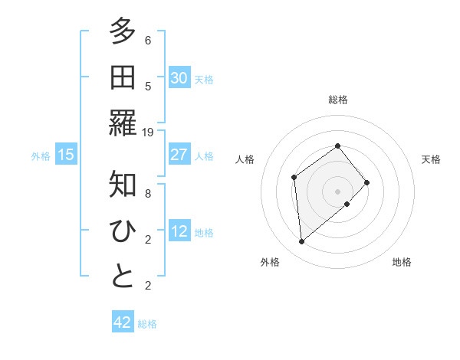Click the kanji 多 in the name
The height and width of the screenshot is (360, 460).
[123, 32]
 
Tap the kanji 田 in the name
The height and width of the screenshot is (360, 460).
[123, 77]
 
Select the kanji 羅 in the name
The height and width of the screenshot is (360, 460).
[123, 123]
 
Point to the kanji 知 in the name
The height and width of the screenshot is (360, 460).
[123, 185]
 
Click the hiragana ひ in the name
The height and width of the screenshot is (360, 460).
[123, 231]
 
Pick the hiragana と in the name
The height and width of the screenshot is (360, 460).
[123, 277]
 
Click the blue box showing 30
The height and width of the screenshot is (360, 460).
[179, 78]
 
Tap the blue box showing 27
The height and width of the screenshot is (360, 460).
[179, 155]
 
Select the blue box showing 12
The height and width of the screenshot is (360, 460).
[179, 231]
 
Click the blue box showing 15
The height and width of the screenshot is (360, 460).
[66, 155]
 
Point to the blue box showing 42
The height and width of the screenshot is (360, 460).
[123, 322]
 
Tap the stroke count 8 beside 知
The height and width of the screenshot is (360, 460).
[148, 194]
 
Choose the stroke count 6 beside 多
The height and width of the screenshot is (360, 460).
[148, 41]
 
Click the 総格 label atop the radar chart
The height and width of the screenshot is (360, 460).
[337, 100]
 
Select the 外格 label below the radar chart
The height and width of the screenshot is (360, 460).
[270, 262]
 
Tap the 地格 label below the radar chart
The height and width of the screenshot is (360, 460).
[402, 262]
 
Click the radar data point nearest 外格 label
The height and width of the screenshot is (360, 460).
[302, 242]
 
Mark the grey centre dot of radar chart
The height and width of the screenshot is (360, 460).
[337, 190]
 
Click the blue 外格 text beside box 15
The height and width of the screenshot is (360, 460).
[41, 155]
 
